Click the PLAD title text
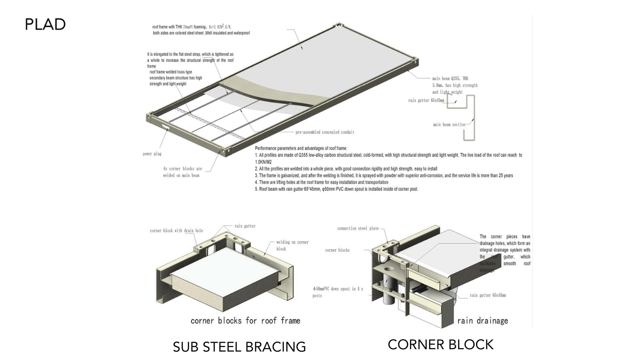pos(45,24)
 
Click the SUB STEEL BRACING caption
pos(239,347)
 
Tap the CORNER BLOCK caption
pos(440,345)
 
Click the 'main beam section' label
pos(449,125)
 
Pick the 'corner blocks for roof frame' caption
pos(245,321)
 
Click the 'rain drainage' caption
pos(482,321)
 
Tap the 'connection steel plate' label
pos(358,229)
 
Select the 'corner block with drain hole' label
pos(176,231)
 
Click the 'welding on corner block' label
pos(292,245)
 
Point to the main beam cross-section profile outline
pos(470,117)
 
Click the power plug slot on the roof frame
pos(165,127)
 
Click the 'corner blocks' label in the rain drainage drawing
pos(337,250)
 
